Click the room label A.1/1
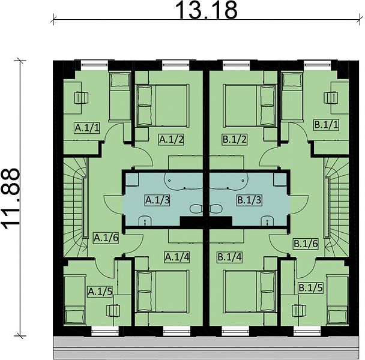click(87, 128)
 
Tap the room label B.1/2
click(234, 140)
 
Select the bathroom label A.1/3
click(158, 200)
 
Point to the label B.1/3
click(249, 200)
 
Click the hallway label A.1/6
click(106, 238)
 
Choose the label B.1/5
click(311, 288)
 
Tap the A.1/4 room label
click(177, 257)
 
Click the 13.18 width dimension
click(207, 10)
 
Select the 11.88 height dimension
click(10, 199)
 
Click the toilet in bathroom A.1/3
click(196, 209)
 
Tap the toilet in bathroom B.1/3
click(216, 209)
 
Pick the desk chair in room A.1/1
click(81, 98)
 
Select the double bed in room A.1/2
click(162, 106)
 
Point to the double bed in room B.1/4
click(250, 291)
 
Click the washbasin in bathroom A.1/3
click(145, 221)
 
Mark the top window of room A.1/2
click(176, 62)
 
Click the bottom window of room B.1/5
click(307, 331)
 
